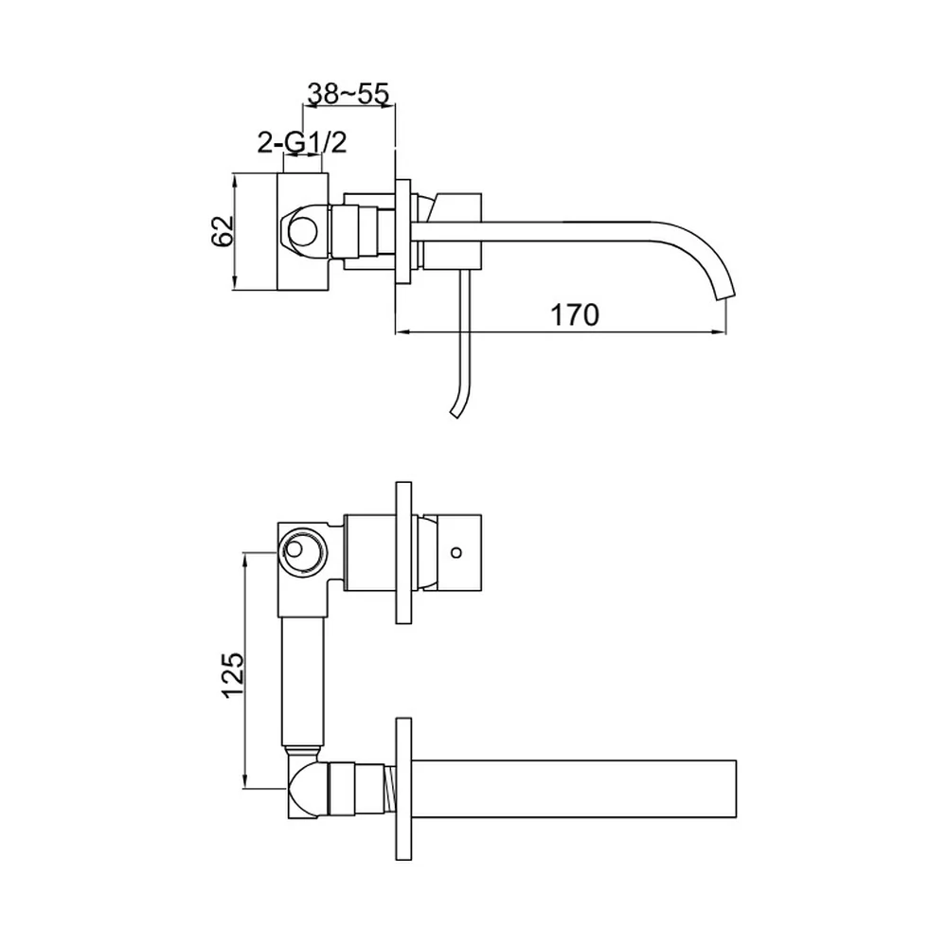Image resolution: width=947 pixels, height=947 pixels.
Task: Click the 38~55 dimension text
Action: click(348, 94)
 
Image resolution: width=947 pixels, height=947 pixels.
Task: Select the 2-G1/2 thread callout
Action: click(302, 143)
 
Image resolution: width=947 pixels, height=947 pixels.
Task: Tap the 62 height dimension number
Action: click(223, 231)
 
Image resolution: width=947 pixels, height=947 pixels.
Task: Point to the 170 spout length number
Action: click(575, 315)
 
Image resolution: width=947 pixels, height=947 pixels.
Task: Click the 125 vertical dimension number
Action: click(233, 674)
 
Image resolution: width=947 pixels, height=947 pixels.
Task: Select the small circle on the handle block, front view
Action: click(456, 551)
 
